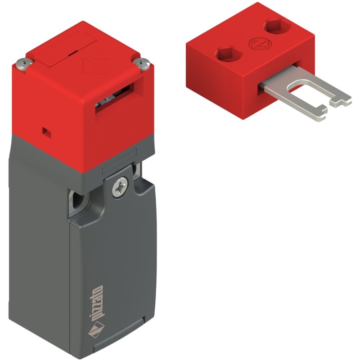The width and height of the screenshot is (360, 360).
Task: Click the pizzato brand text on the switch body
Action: (x=96, y=302)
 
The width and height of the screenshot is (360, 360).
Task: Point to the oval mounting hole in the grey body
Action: (x=78, y=199)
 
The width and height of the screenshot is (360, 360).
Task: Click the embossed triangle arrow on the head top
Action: (x=95, y=67)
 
